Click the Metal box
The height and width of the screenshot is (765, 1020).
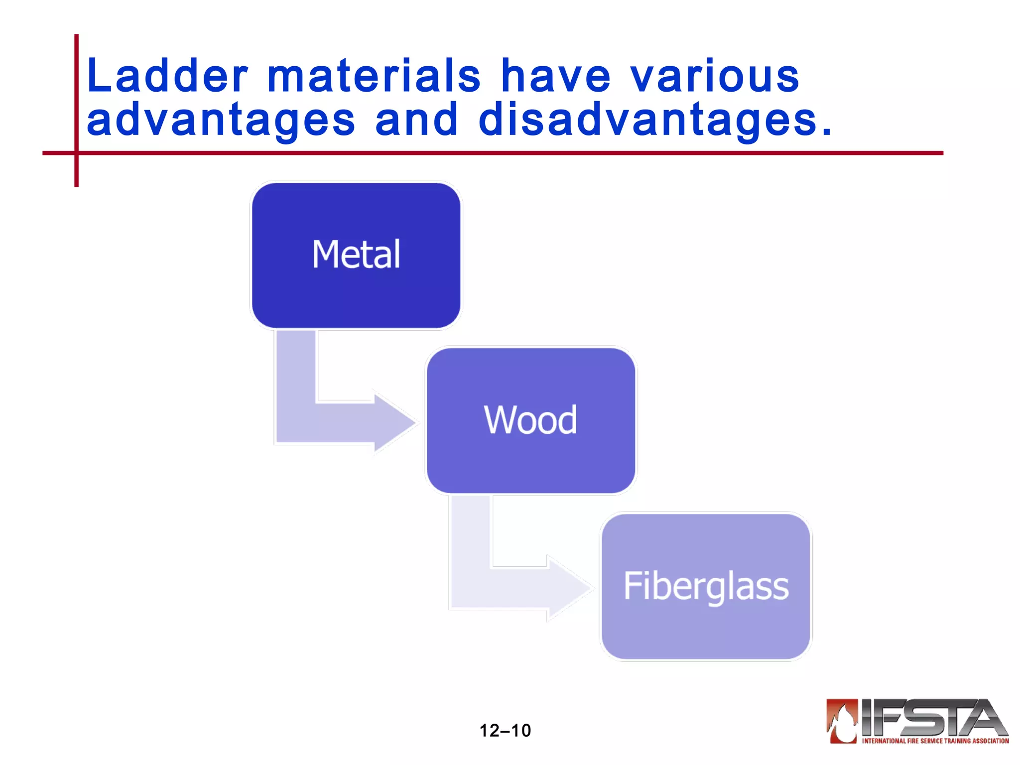[x=356, y=255]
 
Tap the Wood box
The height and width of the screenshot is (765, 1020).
[x=531, y=420]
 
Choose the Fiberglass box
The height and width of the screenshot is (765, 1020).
[x=706, y=586]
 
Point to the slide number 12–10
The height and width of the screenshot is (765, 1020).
[x=505, y=730]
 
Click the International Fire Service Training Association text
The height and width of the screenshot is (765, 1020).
[x=935, y=741]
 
